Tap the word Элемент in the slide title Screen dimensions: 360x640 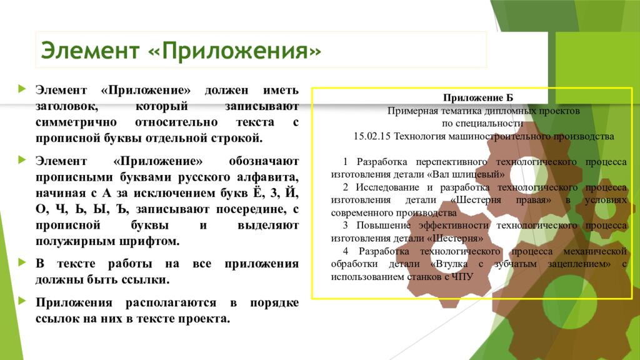[x=91, y=50]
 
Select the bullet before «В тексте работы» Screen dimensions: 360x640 [x=22, y=262]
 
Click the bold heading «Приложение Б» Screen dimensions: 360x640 [x=477, y=97]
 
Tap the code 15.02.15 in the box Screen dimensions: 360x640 [x=371, y=136]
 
